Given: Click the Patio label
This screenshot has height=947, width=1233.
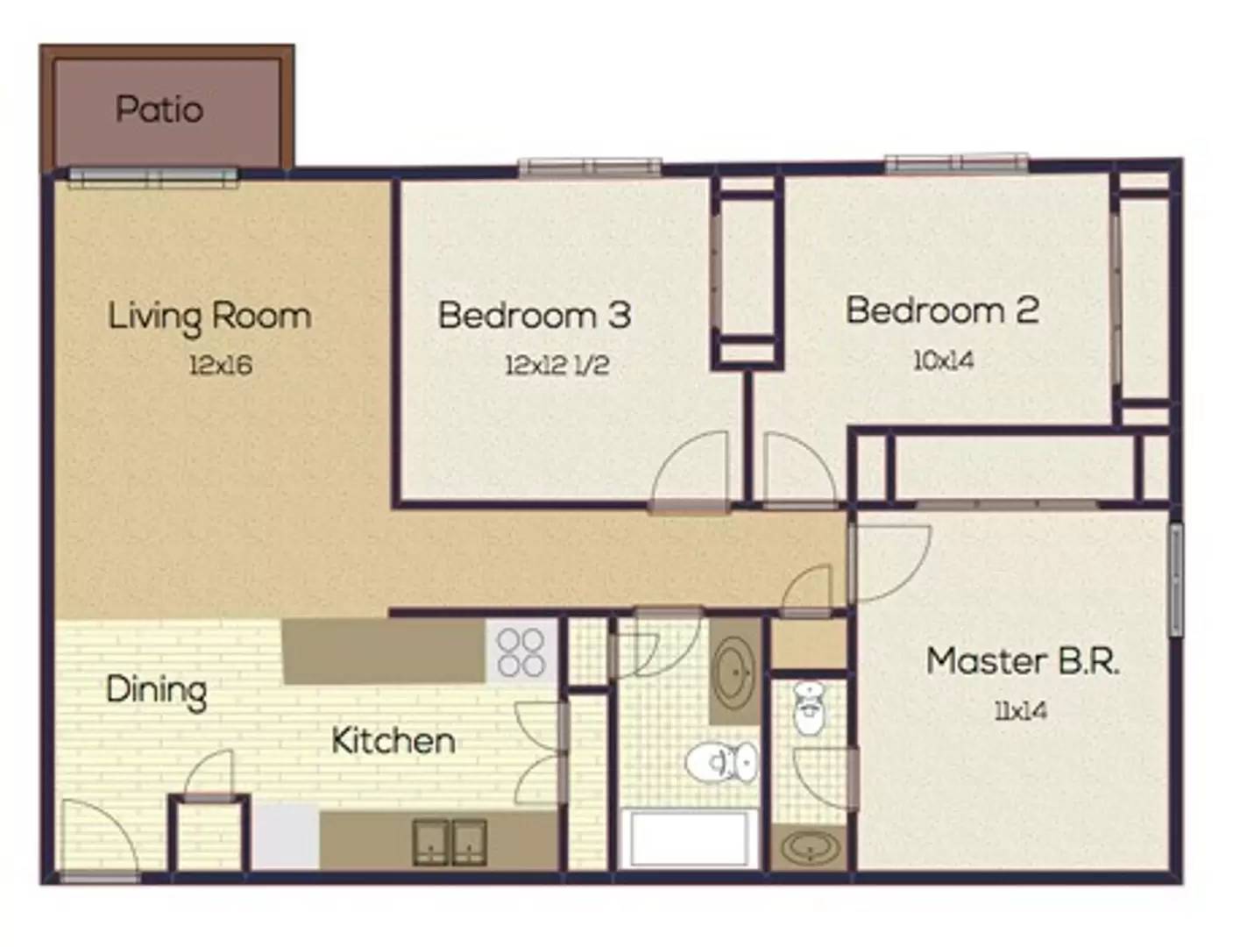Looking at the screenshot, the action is [159, 109].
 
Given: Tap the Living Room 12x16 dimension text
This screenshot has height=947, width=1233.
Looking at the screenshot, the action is [221, 365].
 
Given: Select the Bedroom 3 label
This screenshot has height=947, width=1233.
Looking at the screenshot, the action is [535, 315].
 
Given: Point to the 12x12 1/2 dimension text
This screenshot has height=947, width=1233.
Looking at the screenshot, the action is [557, 365].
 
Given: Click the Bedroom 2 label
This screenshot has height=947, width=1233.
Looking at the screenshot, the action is [942, 310].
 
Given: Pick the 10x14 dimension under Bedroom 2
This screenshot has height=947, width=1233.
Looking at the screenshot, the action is [943, 360].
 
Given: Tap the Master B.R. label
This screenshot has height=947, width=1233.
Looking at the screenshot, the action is [1023, 661].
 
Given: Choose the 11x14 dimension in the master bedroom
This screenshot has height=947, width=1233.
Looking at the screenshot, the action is [1021, 711].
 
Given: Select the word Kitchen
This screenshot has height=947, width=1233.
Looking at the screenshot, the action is [393, 741].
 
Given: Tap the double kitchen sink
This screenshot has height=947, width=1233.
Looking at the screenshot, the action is [450, 842].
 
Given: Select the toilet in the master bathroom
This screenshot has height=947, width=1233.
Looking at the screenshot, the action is [808, 708].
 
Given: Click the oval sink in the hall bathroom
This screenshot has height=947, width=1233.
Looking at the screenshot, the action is [735, 672].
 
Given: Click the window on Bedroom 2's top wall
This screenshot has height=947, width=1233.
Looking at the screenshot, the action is [957, 163].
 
